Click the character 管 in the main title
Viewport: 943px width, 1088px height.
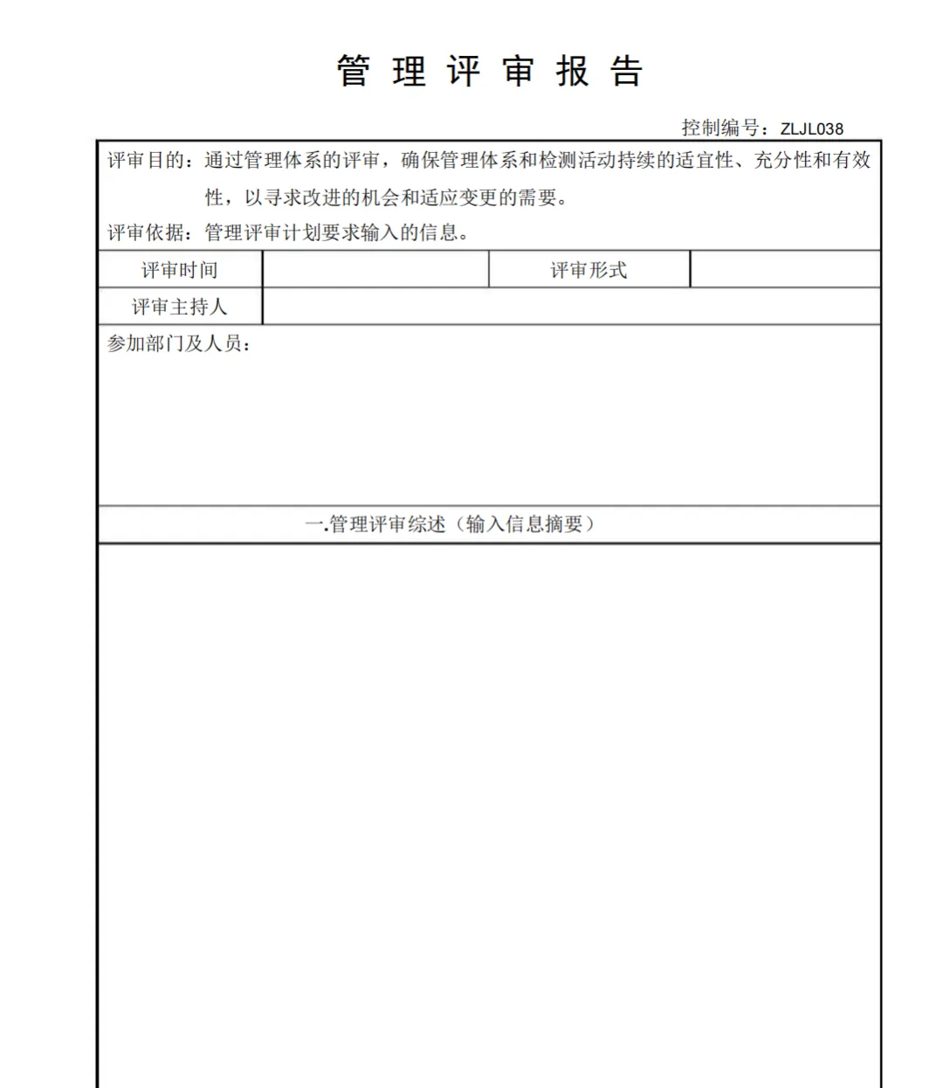[354, 72]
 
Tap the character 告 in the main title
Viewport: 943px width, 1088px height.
[627, 72]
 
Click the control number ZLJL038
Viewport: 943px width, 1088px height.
[812, 128]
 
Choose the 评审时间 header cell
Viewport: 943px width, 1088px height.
[180, 271]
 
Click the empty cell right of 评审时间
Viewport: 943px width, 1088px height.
[375, 270]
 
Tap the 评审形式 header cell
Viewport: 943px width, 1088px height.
[589, 271]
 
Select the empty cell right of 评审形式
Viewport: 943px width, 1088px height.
[785, 270]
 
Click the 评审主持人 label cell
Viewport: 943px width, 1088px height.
[180, 308]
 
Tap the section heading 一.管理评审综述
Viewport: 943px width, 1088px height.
[375, 524]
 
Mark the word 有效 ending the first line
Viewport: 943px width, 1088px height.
[852, 161]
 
